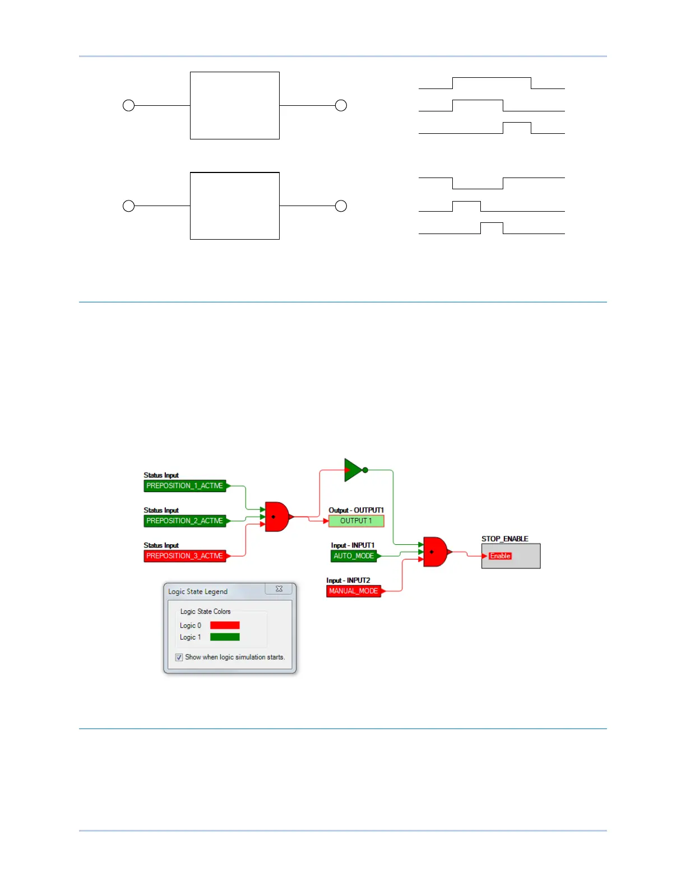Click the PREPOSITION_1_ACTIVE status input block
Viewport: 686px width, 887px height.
(185, 486)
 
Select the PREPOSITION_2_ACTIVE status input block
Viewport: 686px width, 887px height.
(185, 521)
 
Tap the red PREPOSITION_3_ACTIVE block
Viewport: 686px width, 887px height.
(185, 556)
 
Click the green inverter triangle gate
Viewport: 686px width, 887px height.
(354, 470)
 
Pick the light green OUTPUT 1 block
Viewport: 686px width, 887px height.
(356, 521)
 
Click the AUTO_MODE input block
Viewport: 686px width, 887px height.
(354, 556)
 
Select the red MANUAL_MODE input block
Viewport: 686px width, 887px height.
(354, 591)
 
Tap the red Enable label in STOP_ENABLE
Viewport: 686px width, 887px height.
(500, 556)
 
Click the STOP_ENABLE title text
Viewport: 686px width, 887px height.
(504, 539)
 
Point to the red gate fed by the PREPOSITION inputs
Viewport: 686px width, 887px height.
(276, 516)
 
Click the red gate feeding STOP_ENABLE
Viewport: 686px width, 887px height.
(435, 552)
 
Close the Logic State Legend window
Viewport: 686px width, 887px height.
(279, 589)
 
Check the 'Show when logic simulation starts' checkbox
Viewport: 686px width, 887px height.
(179, 657)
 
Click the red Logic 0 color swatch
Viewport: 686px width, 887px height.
(225, 625)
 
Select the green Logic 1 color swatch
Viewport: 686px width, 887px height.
(225, 637)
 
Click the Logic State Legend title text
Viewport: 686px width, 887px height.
(198, 592)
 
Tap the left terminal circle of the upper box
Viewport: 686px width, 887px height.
(129, 105)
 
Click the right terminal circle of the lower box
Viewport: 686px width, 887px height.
(341, 206)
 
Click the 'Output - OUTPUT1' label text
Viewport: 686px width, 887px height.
(356, 510)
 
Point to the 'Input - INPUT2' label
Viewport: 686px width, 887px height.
(348, 581)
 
